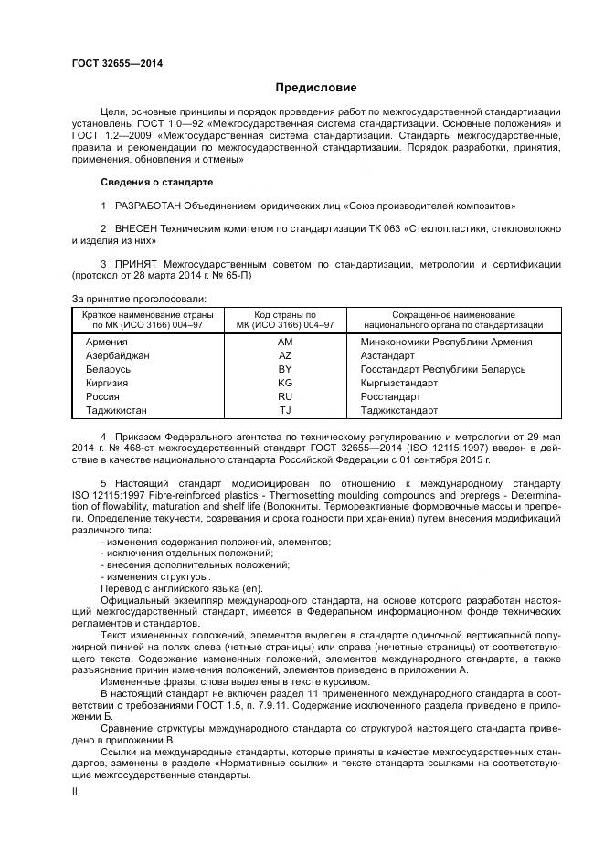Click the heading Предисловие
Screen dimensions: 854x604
tap(316, 88)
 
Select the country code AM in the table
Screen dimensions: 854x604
tap(284, 342)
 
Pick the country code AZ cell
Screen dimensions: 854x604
tap(284, 355)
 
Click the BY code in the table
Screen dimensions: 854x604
tap(284, 369)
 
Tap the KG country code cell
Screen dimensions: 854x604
tap(284, 383)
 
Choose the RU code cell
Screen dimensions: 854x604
tap(284, 396)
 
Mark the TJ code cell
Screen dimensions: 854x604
tap(284, 410)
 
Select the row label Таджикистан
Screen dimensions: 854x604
tap(116, 410)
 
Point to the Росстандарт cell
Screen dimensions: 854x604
tap(390, 396)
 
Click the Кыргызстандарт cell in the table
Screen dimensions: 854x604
tap(399, 383)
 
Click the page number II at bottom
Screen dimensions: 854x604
tap(75, 792)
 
